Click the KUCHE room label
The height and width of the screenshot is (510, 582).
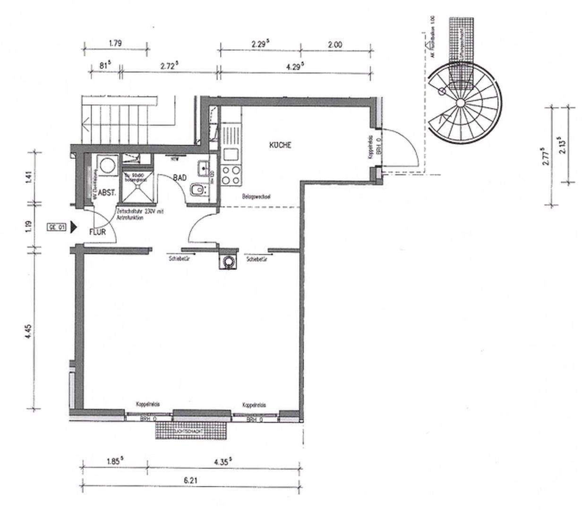click(x=280, y=145)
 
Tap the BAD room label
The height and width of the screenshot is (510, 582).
click(x=180, y=178)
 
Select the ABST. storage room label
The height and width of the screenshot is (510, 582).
click(x=106, y=193)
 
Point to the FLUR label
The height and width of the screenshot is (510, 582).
click(x=97, y=232)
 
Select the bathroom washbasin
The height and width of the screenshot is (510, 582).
click(x=205, y=167)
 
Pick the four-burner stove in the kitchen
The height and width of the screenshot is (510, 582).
click(x=231, y=175)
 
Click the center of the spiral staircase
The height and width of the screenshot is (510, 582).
click(x=461, y=103)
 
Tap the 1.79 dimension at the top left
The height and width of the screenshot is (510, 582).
click(x=115, y=43)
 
